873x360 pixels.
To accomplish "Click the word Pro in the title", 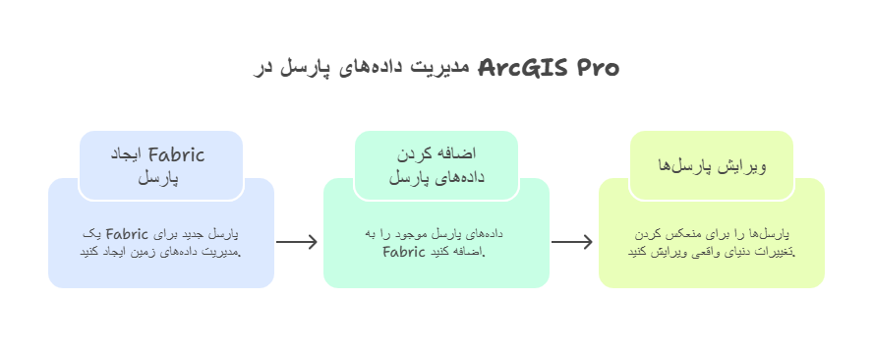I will (x=597, y=68).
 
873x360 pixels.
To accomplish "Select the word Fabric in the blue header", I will (x=176, y=153).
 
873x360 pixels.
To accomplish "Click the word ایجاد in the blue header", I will (x=124, y=153).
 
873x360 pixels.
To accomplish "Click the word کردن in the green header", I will (x=411, y=153).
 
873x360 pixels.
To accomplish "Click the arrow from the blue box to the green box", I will (x=298, y=242).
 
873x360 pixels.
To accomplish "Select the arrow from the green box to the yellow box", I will (x=573, y=242).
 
